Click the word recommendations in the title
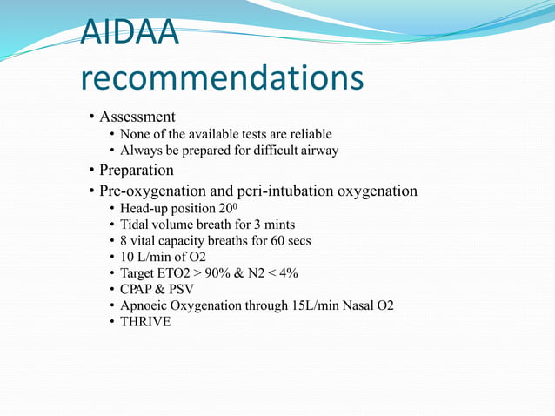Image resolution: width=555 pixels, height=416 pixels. coord(222,79)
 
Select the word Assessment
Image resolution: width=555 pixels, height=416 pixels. coord(137,117)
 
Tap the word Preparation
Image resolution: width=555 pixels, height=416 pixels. coord(137,170)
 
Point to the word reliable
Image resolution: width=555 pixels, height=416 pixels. coord(311,134)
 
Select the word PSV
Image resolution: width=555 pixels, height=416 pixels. coord(182,289)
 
